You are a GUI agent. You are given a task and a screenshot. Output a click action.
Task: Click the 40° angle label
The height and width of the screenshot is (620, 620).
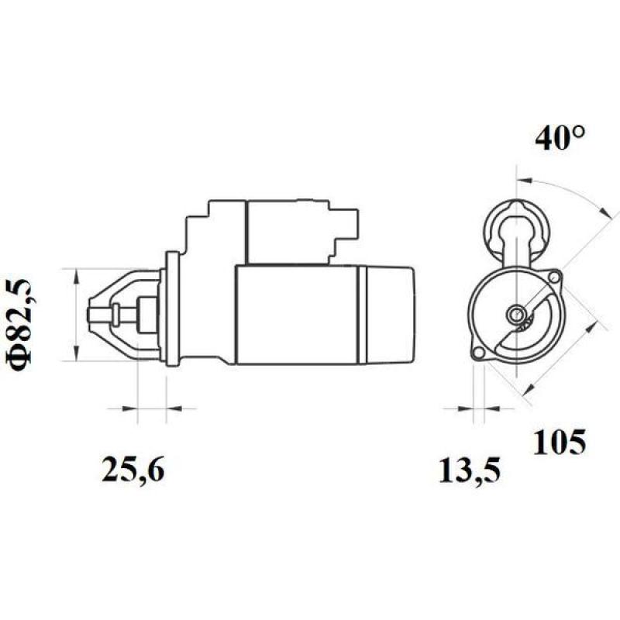[x=560, y=139]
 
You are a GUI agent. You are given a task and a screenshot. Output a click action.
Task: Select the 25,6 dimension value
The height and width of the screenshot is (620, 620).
[x=133, y=469]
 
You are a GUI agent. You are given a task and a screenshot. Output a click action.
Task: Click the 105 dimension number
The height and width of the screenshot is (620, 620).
[x=559, y=442]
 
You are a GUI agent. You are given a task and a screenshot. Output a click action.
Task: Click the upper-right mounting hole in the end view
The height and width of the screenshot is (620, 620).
[x=554, y=277]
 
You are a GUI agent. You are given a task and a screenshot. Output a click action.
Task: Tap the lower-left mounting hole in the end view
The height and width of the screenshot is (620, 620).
[x=478, y=353]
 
